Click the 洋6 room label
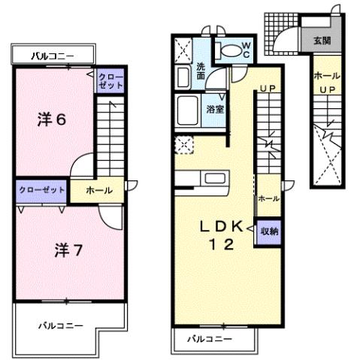point(50,119)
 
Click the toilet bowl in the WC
point(228,51)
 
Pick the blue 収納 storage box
point(269,231)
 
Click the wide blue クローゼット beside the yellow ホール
point(41,190)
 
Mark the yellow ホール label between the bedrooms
point(98,191)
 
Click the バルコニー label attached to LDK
point(209,338)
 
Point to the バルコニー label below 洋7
point(56,326)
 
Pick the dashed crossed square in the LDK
point(182,145)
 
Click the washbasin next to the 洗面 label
point(183,77)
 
